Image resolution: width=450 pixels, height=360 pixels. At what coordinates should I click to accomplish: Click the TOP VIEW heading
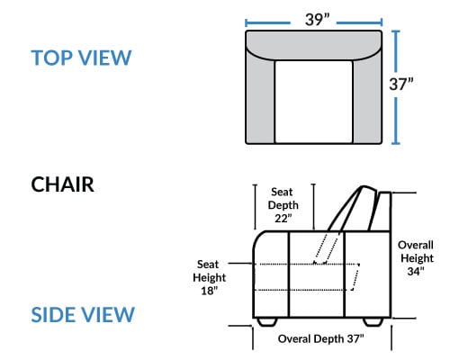click(x=81, y=58)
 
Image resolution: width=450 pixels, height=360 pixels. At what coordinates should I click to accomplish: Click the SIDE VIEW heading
click(x=83, y=315)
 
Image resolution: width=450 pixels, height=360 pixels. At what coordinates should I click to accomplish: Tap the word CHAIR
click(x=62, y=184)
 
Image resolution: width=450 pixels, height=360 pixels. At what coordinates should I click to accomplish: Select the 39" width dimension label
click(x=317, y=20)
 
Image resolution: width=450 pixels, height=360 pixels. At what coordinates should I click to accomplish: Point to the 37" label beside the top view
click(x=401, y=84)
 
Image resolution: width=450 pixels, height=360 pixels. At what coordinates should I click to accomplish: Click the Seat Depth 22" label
click(x=283, y=205)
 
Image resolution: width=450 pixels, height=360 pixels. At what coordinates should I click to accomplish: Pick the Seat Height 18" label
click(x=209, y=277)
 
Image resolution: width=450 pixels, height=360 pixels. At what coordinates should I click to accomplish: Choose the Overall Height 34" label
click(x=416, y=258)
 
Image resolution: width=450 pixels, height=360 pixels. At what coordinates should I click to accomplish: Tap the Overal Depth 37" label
click(x=320, y=339)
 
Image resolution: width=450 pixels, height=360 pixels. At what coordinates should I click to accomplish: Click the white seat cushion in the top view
click(x=313, y=102)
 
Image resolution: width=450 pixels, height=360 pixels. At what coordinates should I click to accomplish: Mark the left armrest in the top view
click(x=260, y=99)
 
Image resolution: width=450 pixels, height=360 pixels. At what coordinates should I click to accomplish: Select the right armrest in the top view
click(x=367, y=99)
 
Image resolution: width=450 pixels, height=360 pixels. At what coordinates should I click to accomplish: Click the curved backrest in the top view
click(x=314, y=45)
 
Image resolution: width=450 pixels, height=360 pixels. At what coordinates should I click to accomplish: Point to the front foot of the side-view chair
click(x=267, y=322)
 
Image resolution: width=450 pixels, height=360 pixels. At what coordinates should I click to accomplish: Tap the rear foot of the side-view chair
click(x=373, y=322)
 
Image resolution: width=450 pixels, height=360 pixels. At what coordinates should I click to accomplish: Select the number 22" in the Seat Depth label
click(x=283, y=219)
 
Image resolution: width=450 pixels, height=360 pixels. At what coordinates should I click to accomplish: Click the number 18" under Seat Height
click(x=210, y=291)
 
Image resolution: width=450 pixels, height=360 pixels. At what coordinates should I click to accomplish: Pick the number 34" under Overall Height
click(x=416, y=271)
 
